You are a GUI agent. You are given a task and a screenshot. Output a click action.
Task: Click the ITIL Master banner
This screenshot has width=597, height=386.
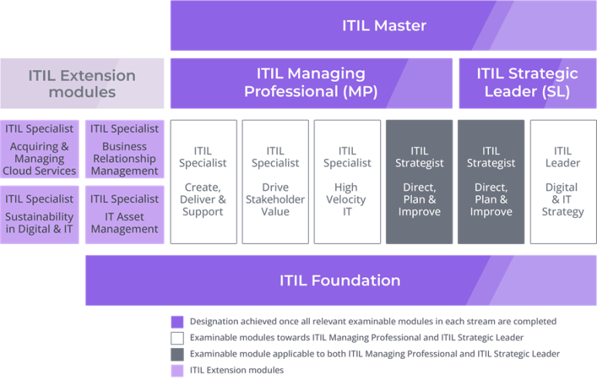[383, 25]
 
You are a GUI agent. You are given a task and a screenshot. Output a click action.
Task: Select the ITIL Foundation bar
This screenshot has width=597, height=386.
[341, 280]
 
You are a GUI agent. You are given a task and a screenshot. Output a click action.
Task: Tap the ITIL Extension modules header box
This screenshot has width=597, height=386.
[82, 83]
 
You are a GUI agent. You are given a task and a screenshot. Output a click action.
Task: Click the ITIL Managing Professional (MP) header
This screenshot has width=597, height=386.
[311, 83]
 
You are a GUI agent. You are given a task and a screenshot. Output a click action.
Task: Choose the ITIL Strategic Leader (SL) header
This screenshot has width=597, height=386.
[527, 83]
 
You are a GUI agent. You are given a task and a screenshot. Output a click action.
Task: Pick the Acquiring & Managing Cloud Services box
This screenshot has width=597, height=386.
[39, 150]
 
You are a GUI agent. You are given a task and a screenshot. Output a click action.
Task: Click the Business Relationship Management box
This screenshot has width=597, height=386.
[124, 150]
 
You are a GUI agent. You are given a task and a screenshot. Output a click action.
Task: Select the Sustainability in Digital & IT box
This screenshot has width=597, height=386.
[39, 214]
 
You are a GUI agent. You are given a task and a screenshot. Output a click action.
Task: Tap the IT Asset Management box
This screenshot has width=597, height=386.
[124, 214]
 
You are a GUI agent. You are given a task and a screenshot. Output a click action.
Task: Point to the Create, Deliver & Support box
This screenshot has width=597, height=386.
[203, 181]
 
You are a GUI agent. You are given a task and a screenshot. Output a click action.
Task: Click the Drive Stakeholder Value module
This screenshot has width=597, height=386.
[276, 181]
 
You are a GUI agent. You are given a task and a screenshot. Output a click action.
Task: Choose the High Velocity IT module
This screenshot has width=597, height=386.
[348, 181]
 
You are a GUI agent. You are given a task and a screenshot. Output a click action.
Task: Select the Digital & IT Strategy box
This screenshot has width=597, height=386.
[563, 181]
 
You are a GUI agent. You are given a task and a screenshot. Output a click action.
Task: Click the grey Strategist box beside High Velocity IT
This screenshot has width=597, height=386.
[419, 181]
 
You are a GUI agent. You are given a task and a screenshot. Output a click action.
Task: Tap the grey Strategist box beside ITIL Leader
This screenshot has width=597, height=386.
[491, 181]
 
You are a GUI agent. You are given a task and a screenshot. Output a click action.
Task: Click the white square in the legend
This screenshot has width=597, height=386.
[178, 338]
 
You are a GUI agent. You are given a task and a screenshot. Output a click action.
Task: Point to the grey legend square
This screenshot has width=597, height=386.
[178, 354]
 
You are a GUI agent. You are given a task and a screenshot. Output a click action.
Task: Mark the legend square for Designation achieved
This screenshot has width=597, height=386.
[178, 322]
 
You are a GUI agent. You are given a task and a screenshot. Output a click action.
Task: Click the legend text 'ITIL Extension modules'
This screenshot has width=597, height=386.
[236, 371]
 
